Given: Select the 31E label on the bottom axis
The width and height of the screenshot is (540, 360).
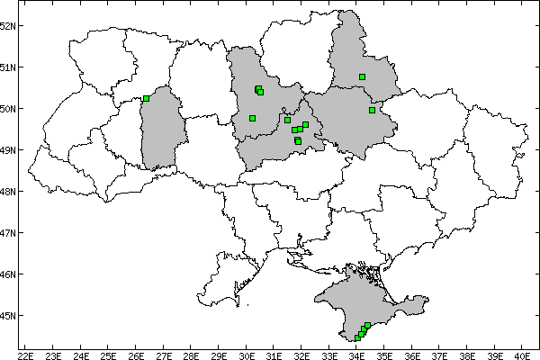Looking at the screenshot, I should pyautogui.click(x=274, y=354).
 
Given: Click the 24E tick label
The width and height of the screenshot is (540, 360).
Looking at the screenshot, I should pyautogui.click(x=80, y=354).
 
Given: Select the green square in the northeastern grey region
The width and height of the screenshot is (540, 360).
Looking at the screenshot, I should pyautogui.click(x=362, y=77).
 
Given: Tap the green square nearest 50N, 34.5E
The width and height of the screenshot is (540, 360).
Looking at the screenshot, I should pyautogui.click(x=372, y=110).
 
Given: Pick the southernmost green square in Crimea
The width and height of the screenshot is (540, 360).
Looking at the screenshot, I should pyautogui.click(x=357, y=338).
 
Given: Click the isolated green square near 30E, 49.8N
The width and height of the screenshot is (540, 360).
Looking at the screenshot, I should pyautogui.click(x=252, y=118).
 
